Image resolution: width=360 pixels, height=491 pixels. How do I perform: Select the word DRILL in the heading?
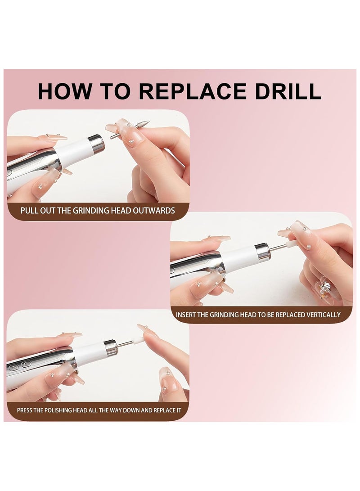pyautogui.click(x=290, y=91)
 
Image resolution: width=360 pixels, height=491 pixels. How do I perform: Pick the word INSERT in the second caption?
pyautogui.click(x=185, y=315)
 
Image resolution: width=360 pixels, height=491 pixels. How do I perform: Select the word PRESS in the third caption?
pyautogui.click(x=26, y=410)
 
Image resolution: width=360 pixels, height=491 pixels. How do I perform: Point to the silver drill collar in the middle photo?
pyautogui.click(x=262, y=252)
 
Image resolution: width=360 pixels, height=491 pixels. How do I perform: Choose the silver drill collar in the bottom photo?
pyautogui.click(x=111, y=347)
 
